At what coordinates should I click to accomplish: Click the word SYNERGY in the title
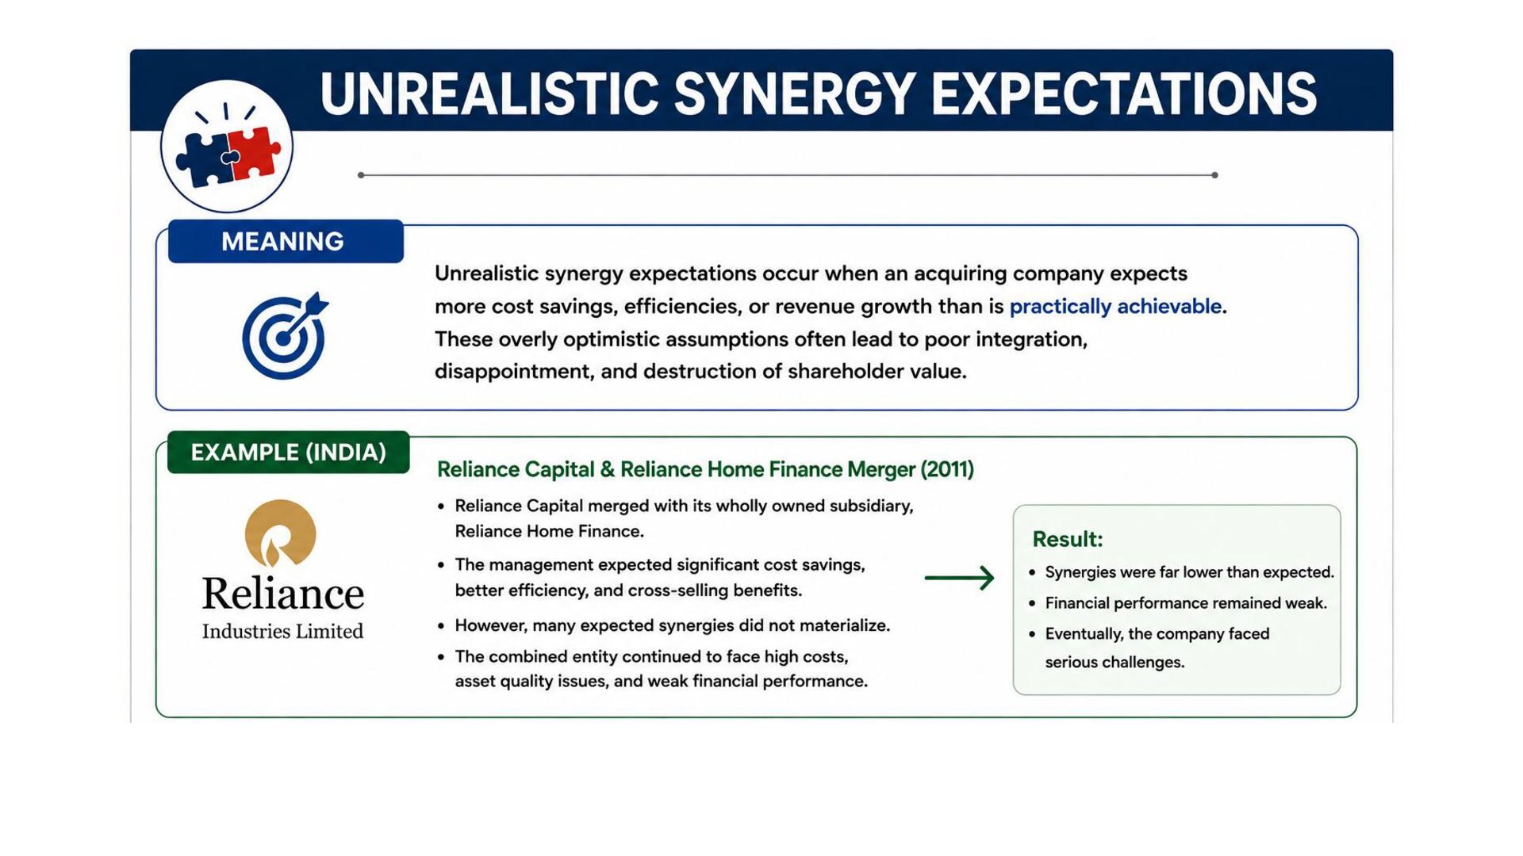(x=794, y=94)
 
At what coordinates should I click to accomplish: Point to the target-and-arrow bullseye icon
(x=284, y=336)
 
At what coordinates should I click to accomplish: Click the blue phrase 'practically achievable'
(x=1115, y=307)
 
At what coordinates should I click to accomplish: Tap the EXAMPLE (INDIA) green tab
(x=289, y=453)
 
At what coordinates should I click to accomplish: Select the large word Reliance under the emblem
(x=283, y=594)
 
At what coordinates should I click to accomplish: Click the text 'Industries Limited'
(x=282, y=632)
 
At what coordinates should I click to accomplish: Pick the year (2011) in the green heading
(x=947, y=470)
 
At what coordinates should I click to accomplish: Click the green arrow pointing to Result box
(x=959, y=578)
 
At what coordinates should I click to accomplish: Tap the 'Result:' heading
(x=1068, y=539)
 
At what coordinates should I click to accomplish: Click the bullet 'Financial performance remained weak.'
(x=1186, y=603)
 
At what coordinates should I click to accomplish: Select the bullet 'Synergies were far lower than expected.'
(x=1190, y=572)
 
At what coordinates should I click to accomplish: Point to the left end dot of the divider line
(x=361, y=175)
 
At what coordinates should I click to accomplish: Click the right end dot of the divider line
(x=1214, y=175)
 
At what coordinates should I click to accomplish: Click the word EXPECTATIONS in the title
(x=1124, y=94)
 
